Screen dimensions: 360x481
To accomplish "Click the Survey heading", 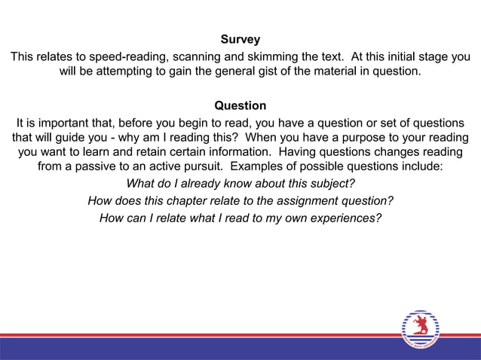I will (x=240, y=39).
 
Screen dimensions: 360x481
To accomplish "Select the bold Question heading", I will (x=240, y=105).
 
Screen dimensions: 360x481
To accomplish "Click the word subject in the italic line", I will (x=328, y=184).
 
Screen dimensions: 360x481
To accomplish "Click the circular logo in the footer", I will (x=420, y=329).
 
